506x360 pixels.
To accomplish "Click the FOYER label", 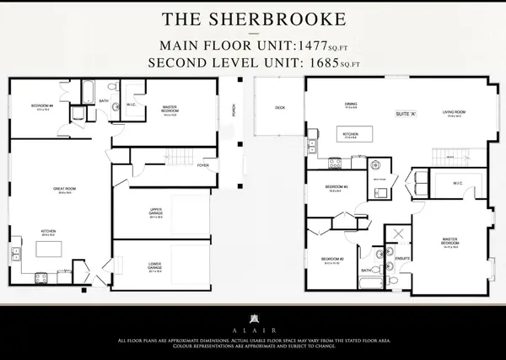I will (x=202, y=166).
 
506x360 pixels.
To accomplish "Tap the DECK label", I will (x=280, y=108).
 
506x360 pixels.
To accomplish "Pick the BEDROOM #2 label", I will (x=331, y=259).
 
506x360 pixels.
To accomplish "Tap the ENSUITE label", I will (x=402, y=258).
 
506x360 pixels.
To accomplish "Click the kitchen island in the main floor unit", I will (x=49, y=250).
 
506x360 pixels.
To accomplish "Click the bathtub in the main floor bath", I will (x=88, y=90).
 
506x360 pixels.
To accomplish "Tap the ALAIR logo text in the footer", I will (x=253, y=331).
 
